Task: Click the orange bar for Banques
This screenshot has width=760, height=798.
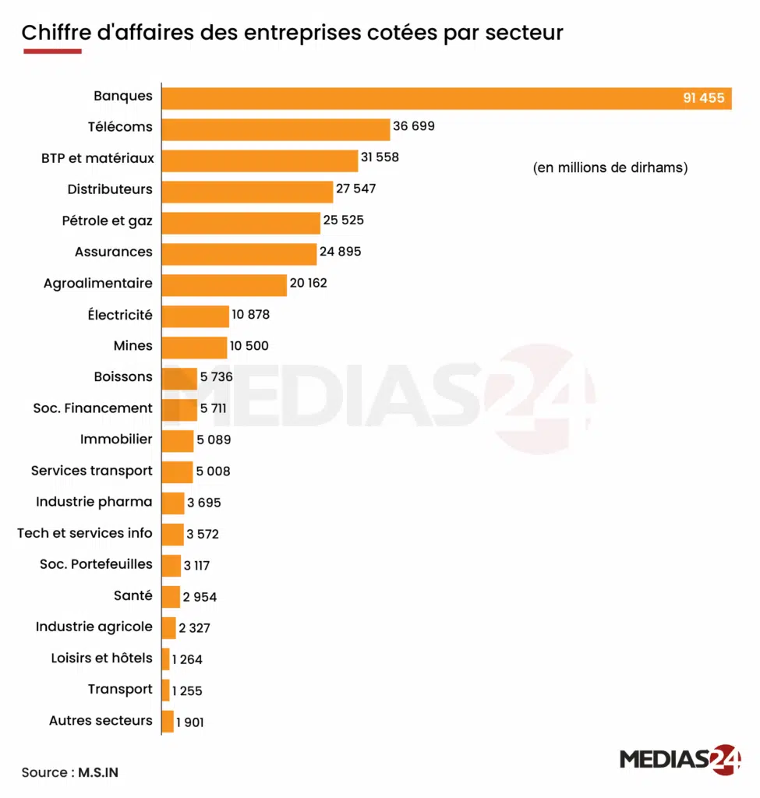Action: (x=446, y=98)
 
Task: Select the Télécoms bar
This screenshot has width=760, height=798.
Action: (x=275, y=129)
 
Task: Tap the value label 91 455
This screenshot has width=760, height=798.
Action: (x=703, y=98)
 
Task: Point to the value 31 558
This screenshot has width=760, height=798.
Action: (x=380, y=157)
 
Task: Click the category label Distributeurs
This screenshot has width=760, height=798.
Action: (x=110, y=189)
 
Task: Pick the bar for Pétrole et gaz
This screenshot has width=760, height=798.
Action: (x=241, y=223)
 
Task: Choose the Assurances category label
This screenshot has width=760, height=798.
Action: (x=114, y=252)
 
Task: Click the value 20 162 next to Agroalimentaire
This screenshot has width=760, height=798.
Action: (x=308, y=283)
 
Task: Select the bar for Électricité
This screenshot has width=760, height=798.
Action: (x=195, y=316)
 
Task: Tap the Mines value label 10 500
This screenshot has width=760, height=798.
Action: (x=249, y=346)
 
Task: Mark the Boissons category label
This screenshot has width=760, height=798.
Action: (x=123, y=376)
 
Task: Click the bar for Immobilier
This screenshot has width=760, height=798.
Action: (x=178, y=441)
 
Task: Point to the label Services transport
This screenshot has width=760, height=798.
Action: (x=92, y=471)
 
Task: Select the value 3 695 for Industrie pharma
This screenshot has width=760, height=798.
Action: (x=203, y=503)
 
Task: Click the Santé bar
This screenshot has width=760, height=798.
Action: (x=171, y=597)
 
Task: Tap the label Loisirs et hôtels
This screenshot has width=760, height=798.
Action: (x=102, y=658)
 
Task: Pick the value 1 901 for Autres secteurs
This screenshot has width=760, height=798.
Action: (x=190, y=722)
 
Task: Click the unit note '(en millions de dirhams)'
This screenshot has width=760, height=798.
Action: (x=610, y=168)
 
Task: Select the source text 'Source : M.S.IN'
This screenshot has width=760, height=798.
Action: (x=70, y=772)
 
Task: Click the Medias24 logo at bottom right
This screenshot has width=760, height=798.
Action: (x=680, y=760)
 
